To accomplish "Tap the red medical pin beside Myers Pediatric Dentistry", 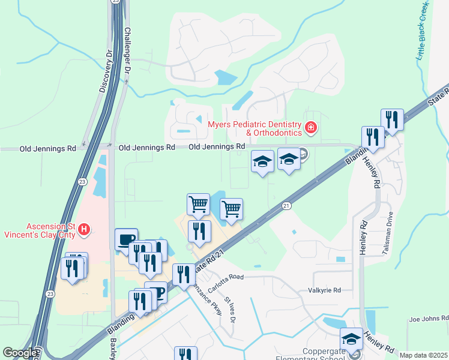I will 310,127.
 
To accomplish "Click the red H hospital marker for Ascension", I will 85,229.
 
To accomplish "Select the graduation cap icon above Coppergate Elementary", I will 351,339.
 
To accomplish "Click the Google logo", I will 20,353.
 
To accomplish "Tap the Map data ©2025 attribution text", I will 423,355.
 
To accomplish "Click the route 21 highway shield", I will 286,206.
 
